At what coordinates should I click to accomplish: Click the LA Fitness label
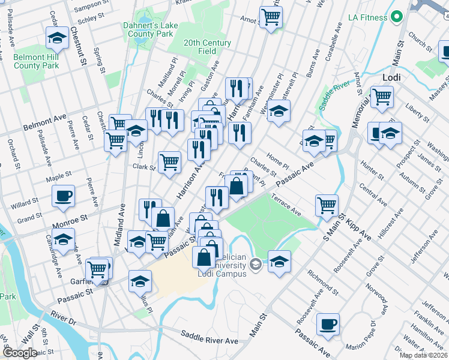point(367,17)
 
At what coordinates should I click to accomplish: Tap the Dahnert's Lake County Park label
point(148,30)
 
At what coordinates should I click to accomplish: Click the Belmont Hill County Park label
point(36,61)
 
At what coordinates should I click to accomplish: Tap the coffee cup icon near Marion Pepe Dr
point(327,324)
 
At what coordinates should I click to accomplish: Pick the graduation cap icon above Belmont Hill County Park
point(57,38)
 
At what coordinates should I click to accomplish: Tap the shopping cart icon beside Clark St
point(169,161)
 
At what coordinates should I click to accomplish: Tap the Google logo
point(20,353)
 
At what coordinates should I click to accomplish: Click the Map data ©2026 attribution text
point(424,355)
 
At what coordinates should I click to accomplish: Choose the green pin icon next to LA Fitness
point(396,17)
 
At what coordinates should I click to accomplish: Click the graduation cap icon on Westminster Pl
point(278,111)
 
